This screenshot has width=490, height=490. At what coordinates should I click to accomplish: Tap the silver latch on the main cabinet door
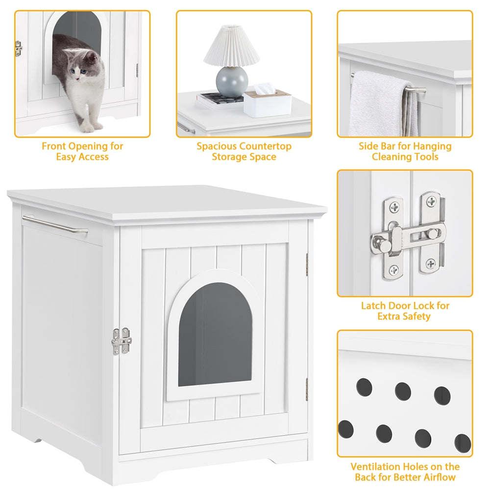click(x=122, y=341)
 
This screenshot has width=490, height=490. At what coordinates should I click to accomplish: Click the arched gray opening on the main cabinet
click(x=215, y=334)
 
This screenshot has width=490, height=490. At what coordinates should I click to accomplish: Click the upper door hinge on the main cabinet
click(x=307, y=264)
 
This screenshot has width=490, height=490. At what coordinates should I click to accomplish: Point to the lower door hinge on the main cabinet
click(x=307, y=389)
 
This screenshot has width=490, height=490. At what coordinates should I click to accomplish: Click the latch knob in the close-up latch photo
click(x=380, y=241)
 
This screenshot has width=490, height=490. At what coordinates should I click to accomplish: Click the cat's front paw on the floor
click(x=86, y=128)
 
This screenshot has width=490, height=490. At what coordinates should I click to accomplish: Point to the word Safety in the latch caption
click(x=417, y=317)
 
